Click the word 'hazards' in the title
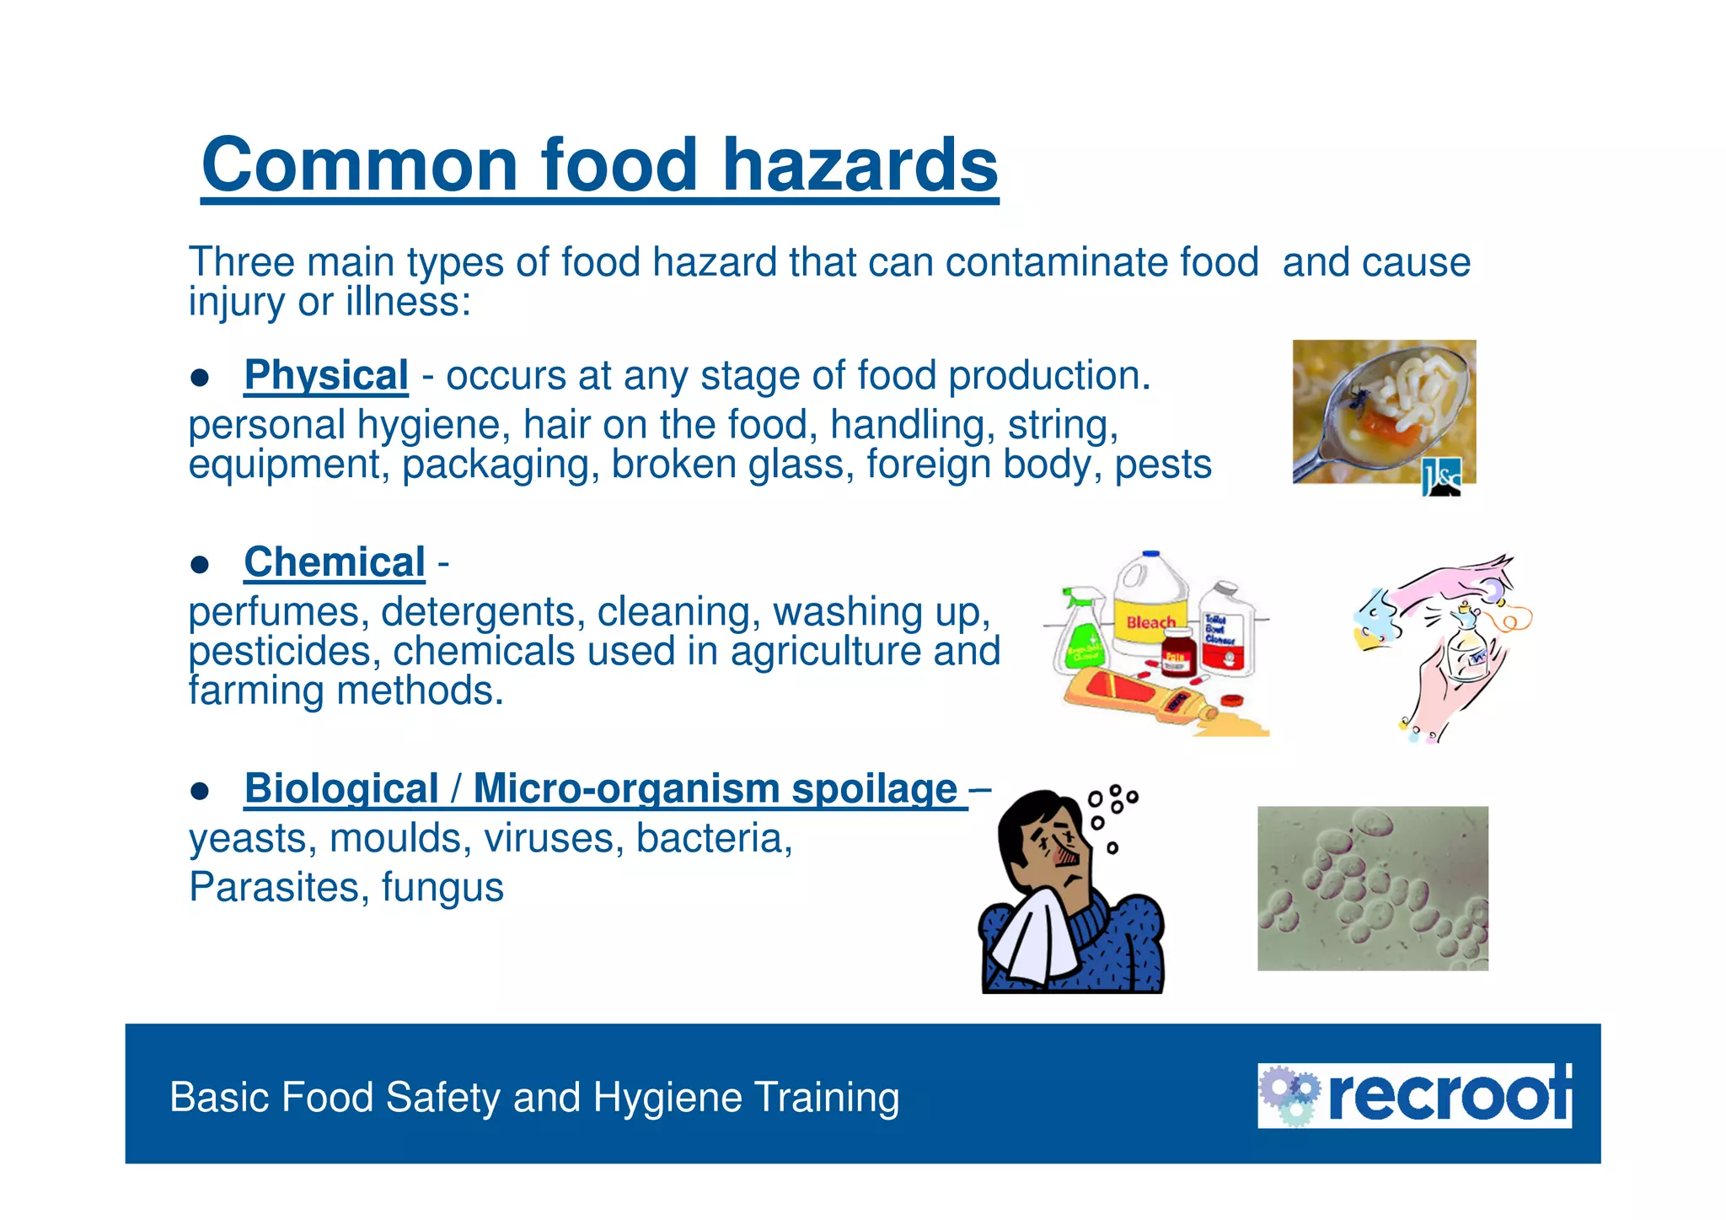click(x=860, y=164)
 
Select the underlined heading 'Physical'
click(x=326, y=375)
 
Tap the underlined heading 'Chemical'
click(x=335, y=562)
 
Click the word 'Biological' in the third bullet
click(x=341, y=789)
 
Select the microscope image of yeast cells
click(x=1372, y=888)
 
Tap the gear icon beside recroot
click(x=1289, y=1095)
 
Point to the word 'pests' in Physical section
click(x=1163, y=465)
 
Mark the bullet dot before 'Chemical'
click(x=200, y=564)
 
